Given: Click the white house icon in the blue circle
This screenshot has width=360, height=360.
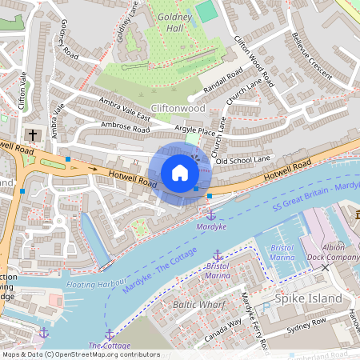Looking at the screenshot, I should coord(180,173).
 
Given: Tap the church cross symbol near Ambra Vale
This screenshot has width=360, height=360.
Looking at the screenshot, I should coord(32,134).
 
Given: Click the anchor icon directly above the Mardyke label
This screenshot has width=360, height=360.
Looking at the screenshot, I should coord(211,214).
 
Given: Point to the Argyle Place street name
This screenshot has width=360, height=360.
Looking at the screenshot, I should coord(196,131).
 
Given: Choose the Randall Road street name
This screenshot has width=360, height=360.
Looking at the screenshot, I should coord(222,81).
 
